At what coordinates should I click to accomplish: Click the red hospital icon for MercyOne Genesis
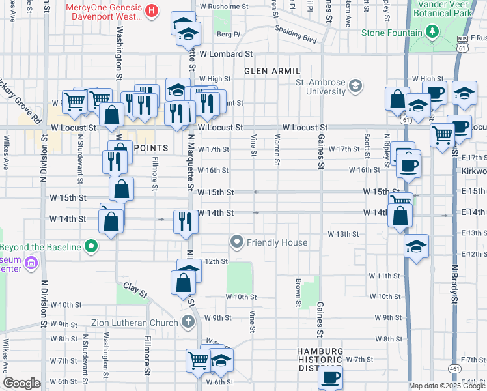(x=152, y=10)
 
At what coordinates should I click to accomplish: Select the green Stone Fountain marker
(x=432, y=31)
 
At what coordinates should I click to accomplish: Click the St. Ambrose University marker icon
(x=355, y=85)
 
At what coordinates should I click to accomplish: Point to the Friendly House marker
(x=237, y=242)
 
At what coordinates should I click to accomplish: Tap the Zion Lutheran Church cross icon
(x=188, y=322)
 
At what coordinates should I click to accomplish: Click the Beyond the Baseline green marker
(x=92, y=247)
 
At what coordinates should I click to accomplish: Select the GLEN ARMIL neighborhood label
(x=272, y=70)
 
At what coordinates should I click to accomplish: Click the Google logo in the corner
(x=21, y=383)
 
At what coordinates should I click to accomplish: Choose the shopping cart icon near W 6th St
(x=198, y=360)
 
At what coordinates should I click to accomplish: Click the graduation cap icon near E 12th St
(x=416, y=246)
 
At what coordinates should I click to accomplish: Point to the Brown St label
(x=298, y=293)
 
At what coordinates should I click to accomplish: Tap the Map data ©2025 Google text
(x=447, y=386)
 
